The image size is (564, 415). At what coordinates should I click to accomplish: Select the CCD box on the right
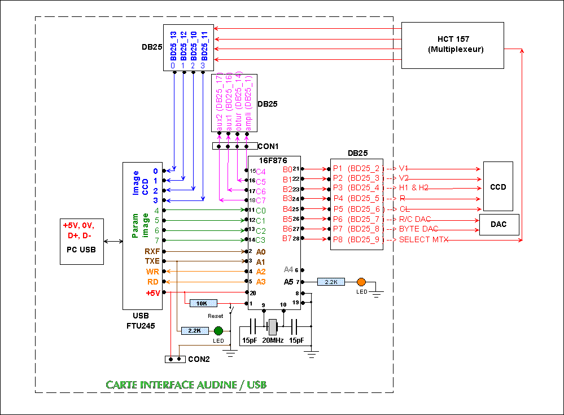point(498,187)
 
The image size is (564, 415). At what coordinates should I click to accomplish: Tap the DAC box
point(498,224)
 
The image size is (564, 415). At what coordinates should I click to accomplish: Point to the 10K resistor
point(202,303)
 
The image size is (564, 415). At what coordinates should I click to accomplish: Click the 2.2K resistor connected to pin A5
point(331,281)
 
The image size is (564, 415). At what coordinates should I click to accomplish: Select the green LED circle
point(218,331)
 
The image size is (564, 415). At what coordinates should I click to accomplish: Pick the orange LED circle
point(361,281)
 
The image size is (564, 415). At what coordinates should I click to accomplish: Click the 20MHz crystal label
point(273,341)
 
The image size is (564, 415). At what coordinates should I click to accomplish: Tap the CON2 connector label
point(199,359)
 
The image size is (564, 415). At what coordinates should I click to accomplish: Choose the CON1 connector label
point(268,146)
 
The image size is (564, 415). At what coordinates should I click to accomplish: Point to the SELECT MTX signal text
point(424,240)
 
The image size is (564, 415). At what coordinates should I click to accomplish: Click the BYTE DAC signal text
point(418,230)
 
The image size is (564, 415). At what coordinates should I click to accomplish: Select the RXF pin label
point(152,251)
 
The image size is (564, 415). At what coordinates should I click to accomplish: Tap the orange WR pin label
point(153,271)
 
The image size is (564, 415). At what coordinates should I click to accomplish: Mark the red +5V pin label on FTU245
point(153,292)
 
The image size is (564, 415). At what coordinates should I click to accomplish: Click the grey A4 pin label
point(288,269)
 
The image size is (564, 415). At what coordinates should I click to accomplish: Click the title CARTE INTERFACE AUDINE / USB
point(186,385)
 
